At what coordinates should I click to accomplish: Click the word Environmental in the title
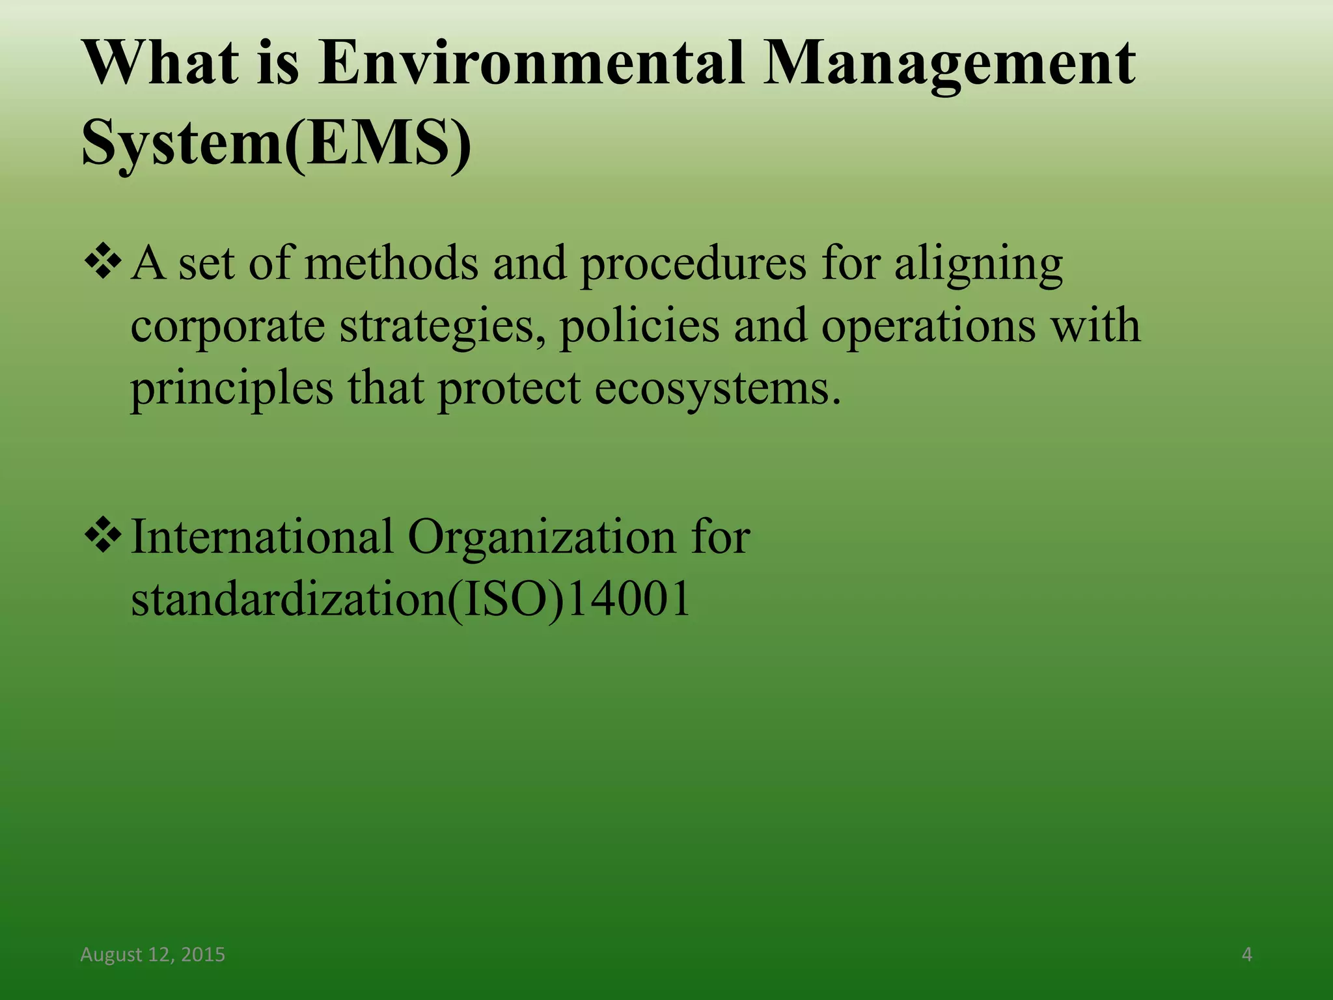[531, 63]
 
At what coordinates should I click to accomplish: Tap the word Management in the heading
[949, 63]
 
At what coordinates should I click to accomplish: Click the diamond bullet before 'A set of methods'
[103, 263]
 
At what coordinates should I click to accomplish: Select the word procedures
[693, 266]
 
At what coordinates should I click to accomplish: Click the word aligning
[978, 266]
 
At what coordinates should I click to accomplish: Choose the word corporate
[228, 327]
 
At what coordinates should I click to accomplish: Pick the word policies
[639, 326]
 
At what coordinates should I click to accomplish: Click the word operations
[928, 327]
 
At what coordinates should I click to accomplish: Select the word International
[262, 538]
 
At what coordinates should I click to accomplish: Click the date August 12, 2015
[152, 954]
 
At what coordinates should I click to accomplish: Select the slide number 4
[1246, 954]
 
